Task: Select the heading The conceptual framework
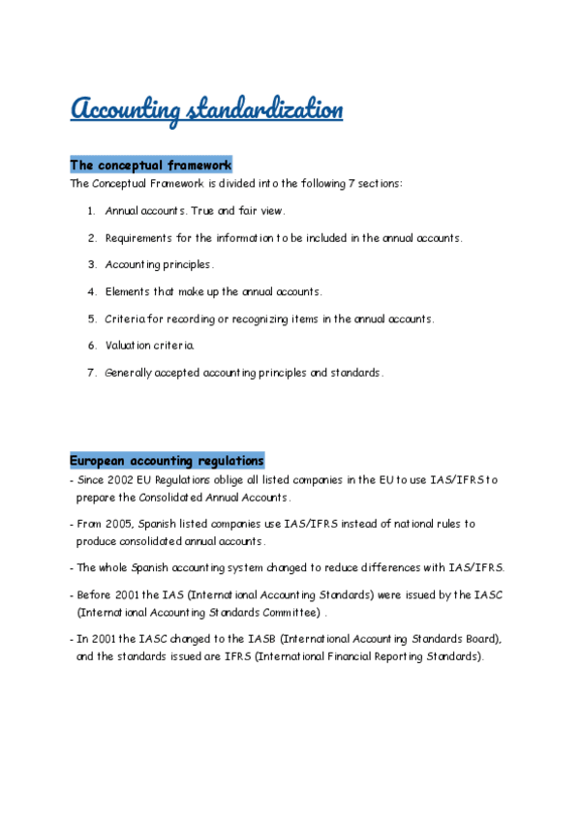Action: tap(150, 166)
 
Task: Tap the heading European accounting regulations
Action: tap(166, 461)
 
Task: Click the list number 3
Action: tap(91, 264)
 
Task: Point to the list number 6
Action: tap(91, 345)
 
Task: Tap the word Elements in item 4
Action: tap(128, 291)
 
